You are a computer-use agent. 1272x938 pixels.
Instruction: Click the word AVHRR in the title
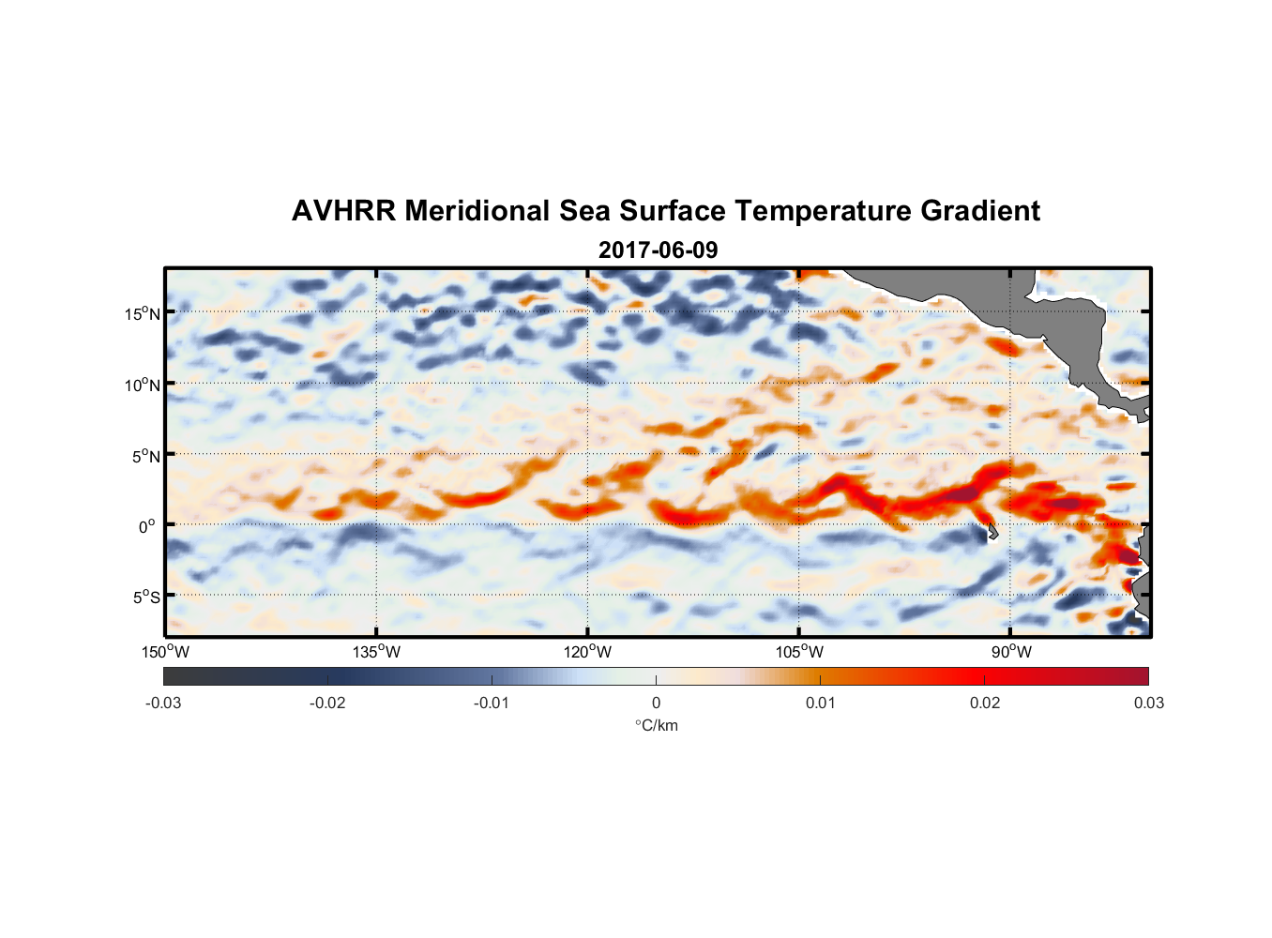coord(343,211)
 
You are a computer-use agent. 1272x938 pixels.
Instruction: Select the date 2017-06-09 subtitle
coord(658,250)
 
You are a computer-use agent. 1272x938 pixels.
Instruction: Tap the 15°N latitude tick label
coord(143,313)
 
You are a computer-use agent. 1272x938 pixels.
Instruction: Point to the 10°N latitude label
coord(143,385)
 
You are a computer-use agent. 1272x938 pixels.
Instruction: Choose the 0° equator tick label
coord(147,527)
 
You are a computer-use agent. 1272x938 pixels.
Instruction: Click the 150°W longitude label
coord(166,652)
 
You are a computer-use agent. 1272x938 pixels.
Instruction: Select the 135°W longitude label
coord(377,652)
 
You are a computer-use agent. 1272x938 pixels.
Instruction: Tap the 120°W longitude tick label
coord(588,652)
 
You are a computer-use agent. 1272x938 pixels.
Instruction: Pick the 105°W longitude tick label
coord(799,652)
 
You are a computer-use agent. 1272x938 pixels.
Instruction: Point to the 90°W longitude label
coord(1011,652)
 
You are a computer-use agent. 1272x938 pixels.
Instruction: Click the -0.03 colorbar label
coord(163,703)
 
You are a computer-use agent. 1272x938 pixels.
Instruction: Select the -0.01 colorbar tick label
coord(492,703)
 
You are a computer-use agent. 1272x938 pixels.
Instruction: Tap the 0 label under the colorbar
coord(656,703)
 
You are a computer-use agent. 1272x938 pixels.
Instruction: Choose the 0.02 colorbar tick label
coord(984,703)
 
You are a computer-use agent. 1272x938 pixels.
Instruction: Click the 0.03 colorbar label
coord(1148,703)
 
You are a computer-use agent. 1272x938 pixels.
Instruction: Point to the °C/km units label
coord(657,725)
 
